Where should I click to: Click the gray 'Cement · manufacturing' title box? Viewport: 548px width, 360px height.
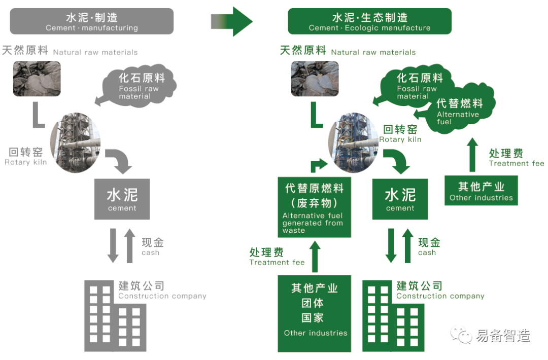92,21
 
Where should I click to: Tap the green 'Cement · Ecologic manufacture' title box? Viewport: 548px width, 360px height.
369,21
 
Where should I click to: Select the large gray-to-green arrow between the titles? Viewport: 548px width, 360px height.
232,21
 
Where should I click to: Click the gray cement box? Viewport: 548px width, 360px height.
122,199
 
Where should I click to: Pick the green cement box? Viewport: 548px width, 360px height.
400,199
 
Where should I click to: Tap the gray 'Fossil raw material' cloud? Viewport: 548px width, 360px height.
139,85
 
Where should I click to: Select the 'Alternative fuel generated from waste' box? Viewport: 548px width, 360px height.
314,207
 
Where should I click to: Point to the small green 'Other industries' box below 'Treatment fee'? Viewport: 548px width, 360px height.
481,191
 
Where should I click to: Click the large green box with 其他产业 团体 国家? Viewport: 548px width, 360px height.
315,313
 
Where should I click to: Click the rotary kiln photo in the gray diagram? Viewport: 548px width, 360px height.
75,142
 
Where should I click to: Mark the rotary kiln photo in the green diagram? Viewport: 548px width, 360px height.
354,142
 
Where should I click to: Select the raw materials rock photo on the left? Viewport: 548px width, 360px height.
37,79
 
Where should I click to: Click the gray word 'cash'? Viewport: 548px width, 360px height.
151,253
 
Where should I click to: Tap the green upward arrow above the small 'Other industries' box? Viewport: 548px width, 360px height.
472,155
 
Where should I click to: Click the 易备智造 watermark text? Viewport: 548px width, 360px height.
503,336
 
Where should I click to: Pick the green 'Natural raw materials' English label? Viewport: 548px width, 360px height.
373,52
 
